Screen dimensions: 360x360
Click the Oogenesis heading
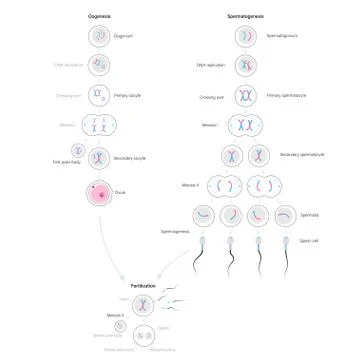click(x=98, y=17)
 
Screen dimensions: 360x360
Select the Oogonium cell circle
click(x=98, y=36)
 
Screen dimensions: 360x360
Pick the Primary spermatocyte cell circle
click(x=245, y=97)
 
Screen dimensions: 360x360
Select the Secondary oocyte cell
click(x=98, y=157)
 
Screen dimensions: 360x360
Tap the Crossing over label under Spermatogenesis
click(x=211, y=97)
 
